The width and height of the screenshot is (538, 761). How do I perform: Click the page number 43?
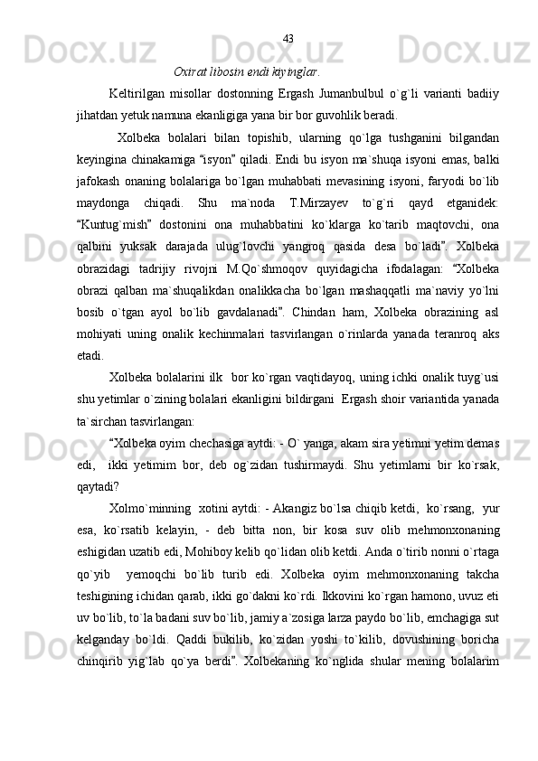[x=288, y=38]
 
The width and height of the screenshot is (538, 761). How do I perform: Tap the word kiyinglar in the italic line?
[x=295, y=70]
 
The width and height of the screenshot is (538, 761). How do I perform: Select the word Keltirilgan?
[x=137, y=94]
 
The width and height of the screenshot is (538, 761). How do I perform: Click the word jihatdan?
[x=99, y=116]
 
